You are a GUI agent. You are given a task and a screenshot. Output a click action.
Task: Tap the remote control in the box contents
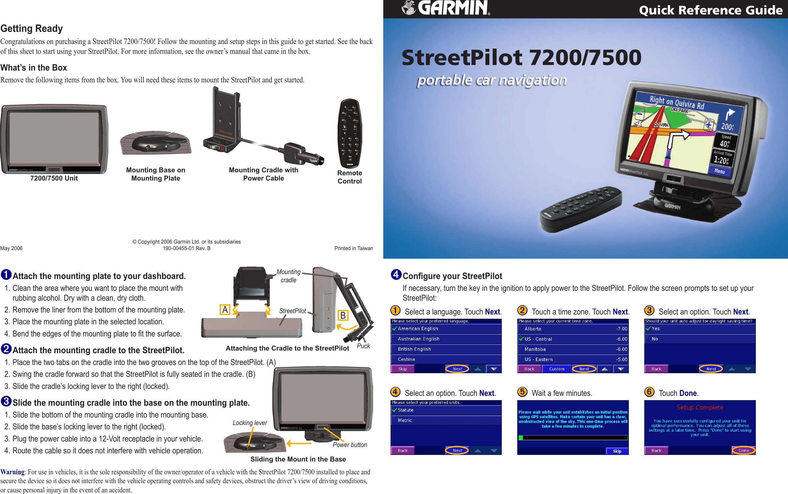coord(350,133)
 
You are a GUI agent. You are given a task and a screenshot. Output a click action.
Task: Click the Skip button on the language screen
coord(402,369)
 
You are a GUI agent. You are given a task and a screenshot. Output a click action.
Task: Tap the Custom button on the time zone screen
coord(557,369)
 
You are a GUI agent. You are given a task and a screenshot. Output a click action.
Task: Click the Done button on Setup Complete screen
coord(743,450)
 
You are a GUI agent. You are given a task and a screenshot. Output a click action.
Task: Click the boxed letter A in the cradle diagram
coord(225,310)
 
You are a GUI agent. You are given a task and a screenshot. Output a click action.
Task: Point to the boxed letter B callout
coord(343,315)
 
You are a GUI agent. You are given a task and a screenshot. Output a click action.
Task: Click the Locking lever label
coord(250,423)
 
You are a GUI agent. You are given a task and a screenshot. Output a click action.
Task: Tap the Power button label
coord(350,445)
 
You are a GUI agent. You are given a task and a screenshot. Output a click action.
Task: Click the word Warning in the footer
coord(12,472)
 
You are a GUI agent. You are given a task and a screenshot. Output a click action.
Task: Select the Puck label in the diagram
coord(363,346)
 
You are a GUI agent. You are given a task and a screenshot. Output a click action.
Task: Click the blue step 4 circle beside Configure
coord(396,274)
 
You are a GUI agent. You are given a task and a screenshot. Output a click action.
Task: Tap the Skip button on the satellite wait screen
coord(617,451)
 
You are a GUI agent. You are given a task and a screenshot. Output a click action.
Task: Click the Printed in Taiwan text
coord(353,248)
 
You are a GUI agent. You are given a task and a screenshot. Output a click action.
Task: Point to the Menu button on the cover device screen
coord(719,171)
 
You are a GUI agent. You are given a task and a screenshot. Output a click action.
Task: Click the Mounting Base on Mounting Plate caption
coord(156,174)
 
